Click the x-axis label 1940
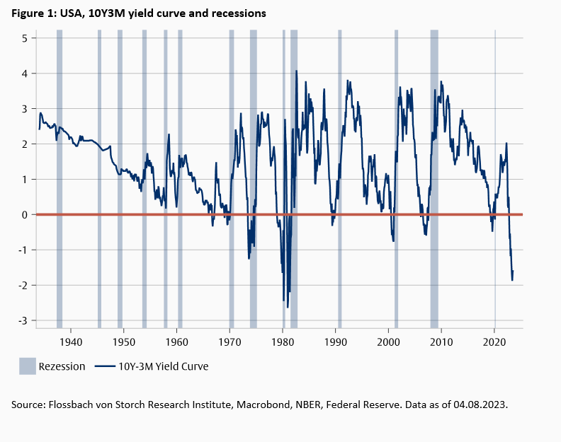(x=71, y=342)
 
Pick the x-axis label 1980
(x=283, y=342)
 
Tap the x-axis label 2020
(x=494, y=342)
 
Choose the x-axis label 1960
(x=177, y=342)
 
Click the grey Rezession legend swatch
(x=27, y=366)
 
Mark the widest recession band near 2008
(x=434, y=177)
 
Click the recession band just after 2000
(x=396, y=177)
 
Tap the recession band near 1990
(x=339, y=177)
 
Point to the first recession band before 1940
(x=59, y=177)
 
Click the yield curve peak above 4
(x=296, y=71)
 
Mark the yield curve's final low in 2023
(x=512, y=280)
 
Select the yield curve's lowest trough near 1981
(x=288, y=307)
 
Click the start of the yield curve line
(x=39, y=129)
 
